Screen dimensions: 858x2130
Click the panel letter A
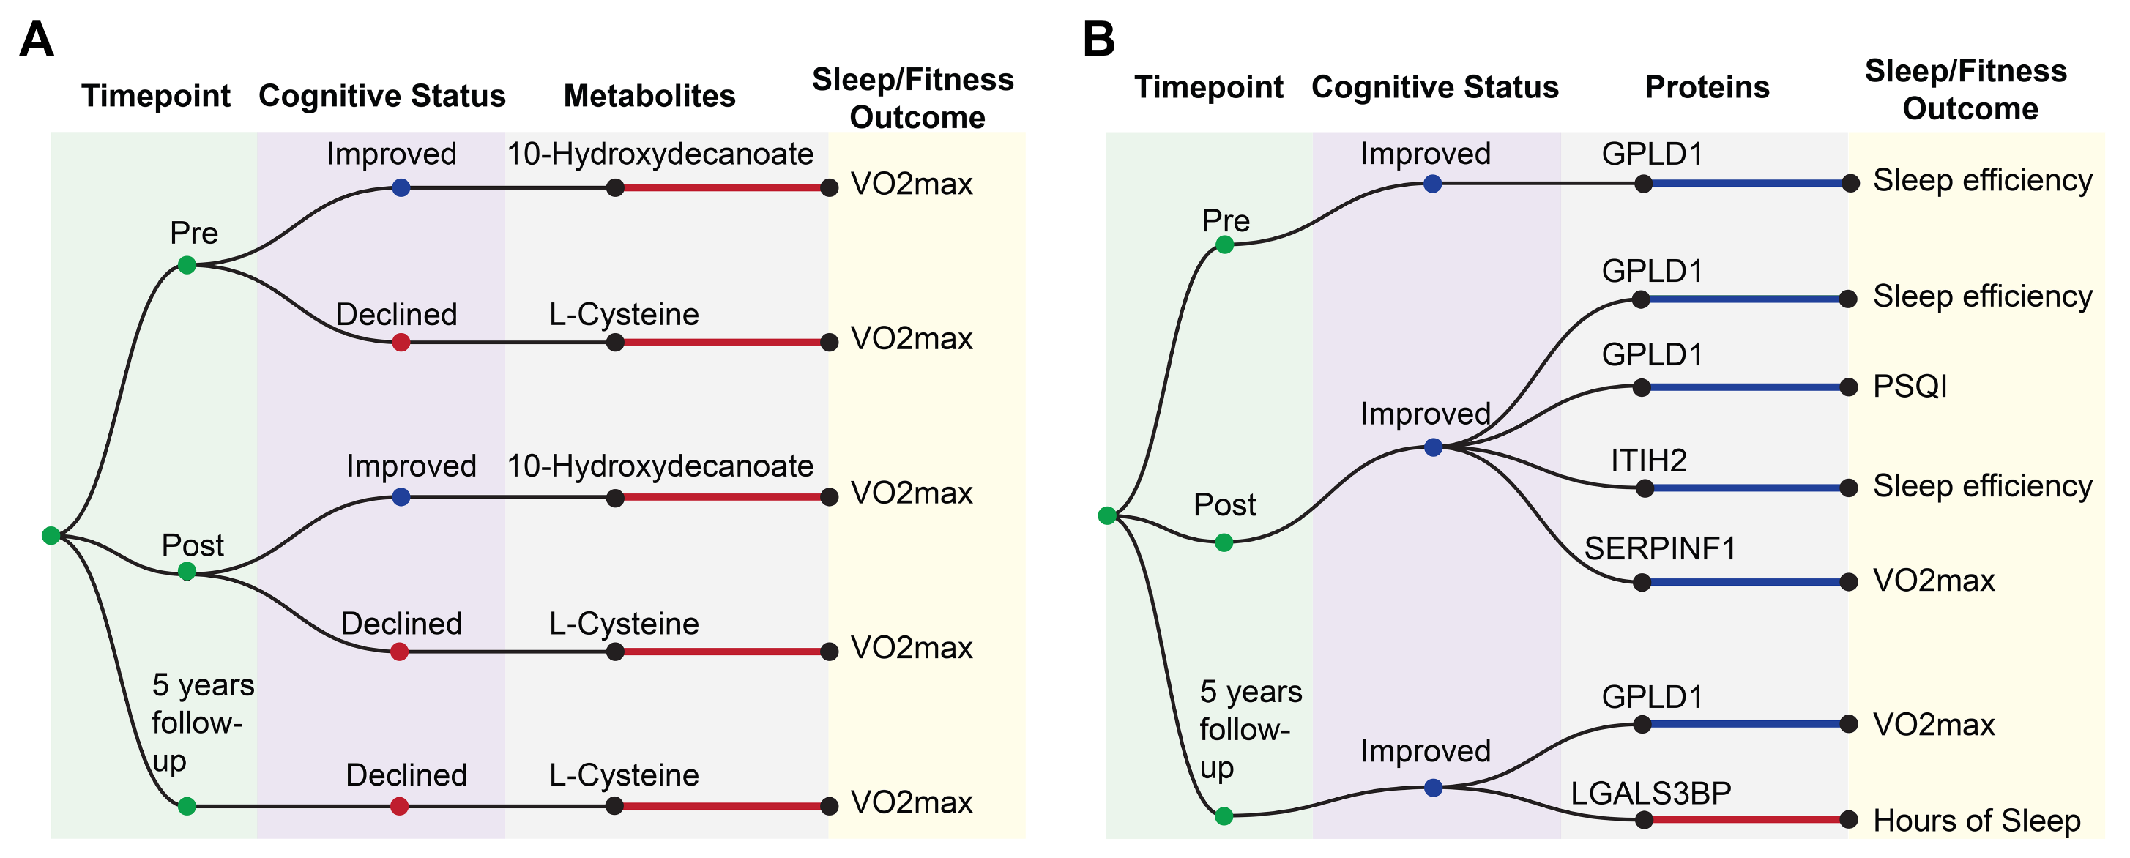(37, 39)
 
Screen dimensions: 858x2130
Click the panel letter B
(1099, 39)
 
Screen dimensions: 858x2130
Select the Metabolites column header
(649, 96)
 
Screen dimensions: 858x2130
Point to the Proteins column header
(1707, 87)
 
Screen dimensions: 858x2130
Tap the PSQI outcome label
(1909, 386)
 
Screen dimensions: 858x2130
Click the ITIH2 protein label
(1648, 460)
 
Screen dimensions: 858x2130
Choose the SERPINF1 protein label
(1658, 548)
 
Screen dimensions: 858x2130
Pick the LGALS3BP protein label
(1650, 793)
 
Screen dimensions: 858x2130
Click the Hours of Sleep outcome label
(1976, 820)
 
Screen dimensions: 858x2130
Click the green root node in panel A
(51, 536)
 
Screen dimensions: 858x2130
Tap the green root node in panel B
(1107, 516)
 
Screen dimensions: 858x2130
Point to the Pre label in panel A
(193, 233)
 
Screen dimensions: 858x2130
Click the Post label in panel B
(1224, 504)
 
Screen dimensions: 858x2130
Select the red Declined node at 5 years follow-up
(399, 806)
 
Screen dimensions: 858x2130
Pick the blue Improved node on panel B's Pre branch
(1433, 184)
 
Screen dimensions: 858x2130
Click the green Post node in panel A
(187, 571)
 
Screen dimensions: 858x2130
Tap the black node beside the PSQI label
(1849, 387)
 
